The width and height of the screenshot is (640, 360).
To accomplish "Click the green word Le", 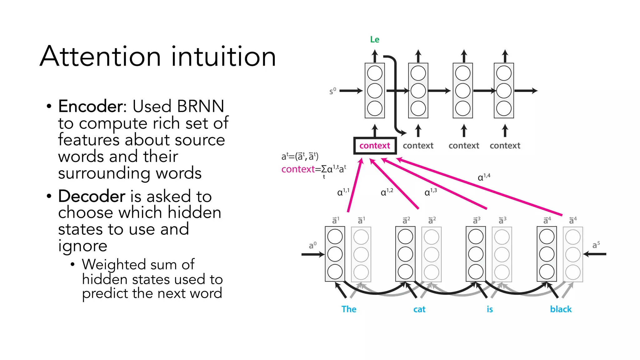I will (374, 40).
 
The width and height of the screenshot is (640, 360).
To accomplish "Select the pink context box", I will (375, 146).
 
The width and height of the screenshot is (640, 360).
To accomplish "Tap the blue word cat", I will (419, 309).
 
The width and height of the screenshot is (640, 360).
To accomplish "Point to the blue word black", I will (561, 309).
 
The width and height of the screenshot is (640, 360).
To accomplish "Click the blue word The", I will (349, 309).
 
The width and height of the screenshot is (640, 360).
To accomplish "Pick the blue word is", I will (490, 309).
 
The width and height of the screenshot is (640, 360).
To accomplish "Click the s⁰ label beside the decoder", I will (332, 91).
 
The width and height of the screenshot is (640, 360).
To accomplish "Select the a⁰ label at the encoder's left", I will (312, 245).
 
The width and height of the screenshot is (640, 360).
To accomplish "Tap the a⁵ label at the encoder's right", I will (596, 245).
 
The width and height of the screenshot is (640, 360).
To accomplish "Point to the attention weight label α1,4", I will (484, 177).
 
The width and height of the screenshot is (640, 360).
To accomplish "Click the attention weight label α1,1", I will (343, 192).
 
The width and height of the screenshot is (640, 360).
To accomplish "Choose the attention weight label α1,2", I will (387, 192).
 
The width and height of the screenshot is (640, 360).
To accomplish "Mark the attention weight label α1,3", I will (430, 192).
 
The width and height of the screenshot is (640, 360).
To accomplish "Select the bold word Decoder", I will (92, 196).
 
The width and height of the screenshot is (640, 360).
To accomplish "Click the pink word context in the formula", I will (298, 169).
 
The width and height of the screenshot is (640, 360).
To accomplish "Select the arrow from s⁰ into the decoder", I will (351, 91).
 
